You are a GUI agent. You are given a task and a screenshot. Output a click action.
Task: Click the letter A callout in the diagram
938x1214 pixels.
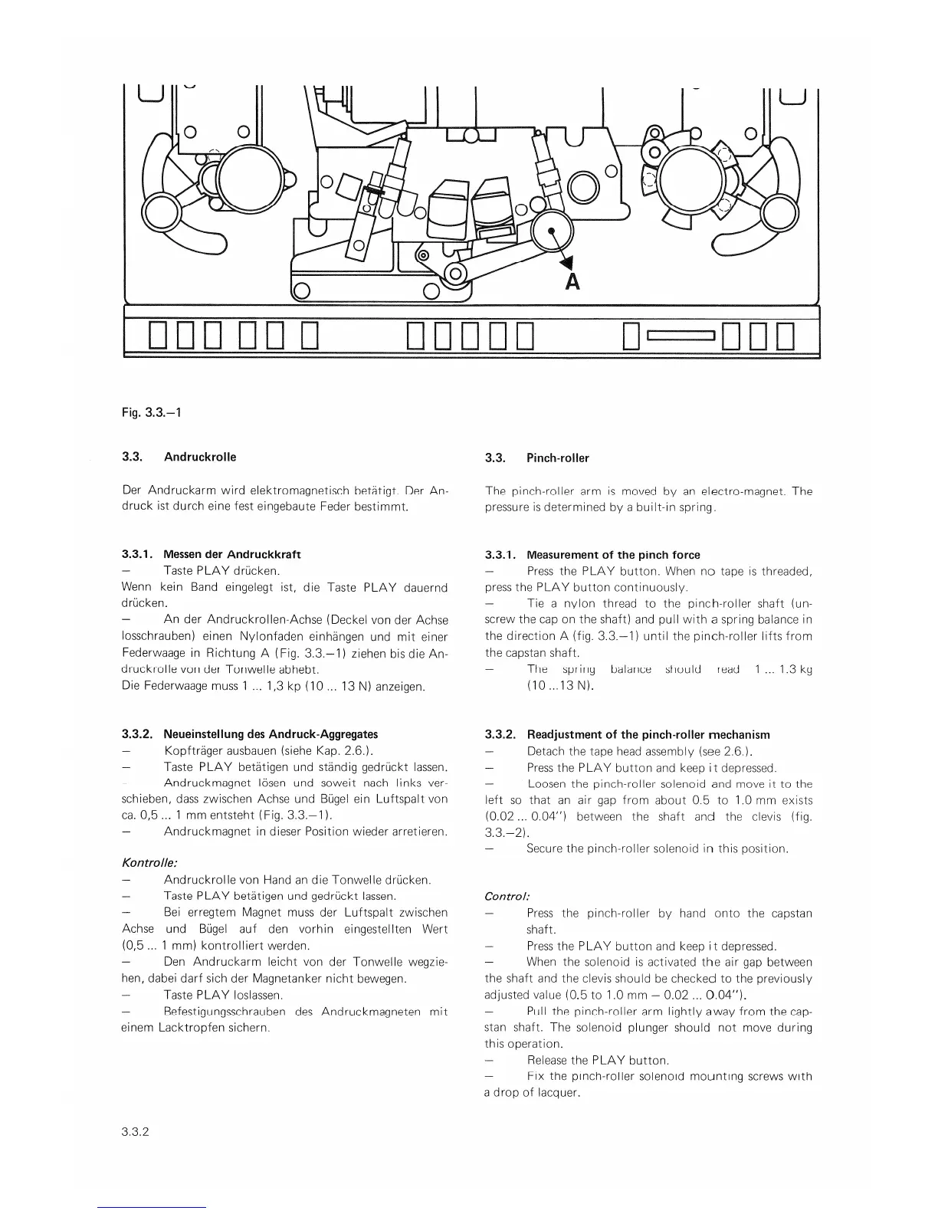click(572, 282)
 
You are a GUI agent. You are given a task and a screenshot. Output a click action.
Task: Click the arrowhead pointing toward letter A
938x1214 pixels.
click(568, 263)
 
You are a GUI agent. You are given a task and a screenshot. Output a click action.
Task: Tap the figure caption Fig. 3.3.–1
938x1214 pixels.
click(151, 412)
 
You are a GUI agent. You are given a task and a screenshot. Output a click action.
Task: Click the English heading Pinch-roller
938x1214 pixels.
click(557, 458)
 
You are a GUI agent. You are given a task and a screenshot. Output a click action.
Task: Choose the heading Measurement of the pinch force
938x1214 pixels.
click(613, 555)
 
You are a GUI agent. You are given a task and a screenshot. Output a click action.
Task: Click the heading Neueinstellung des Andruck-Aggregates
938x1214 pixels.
click(271, 733)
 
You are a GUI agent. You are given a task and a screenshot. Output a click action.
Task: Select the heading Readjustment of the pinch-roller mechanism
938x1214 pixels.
click(648, 734)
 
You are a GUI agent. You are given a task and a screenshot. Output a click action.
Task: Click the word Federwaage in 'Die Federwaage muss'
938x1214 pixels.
click(169, 686)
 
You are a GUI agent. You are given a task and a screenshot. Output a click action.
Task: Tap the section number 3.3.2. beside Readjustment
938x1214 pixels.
click(500, 734)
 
